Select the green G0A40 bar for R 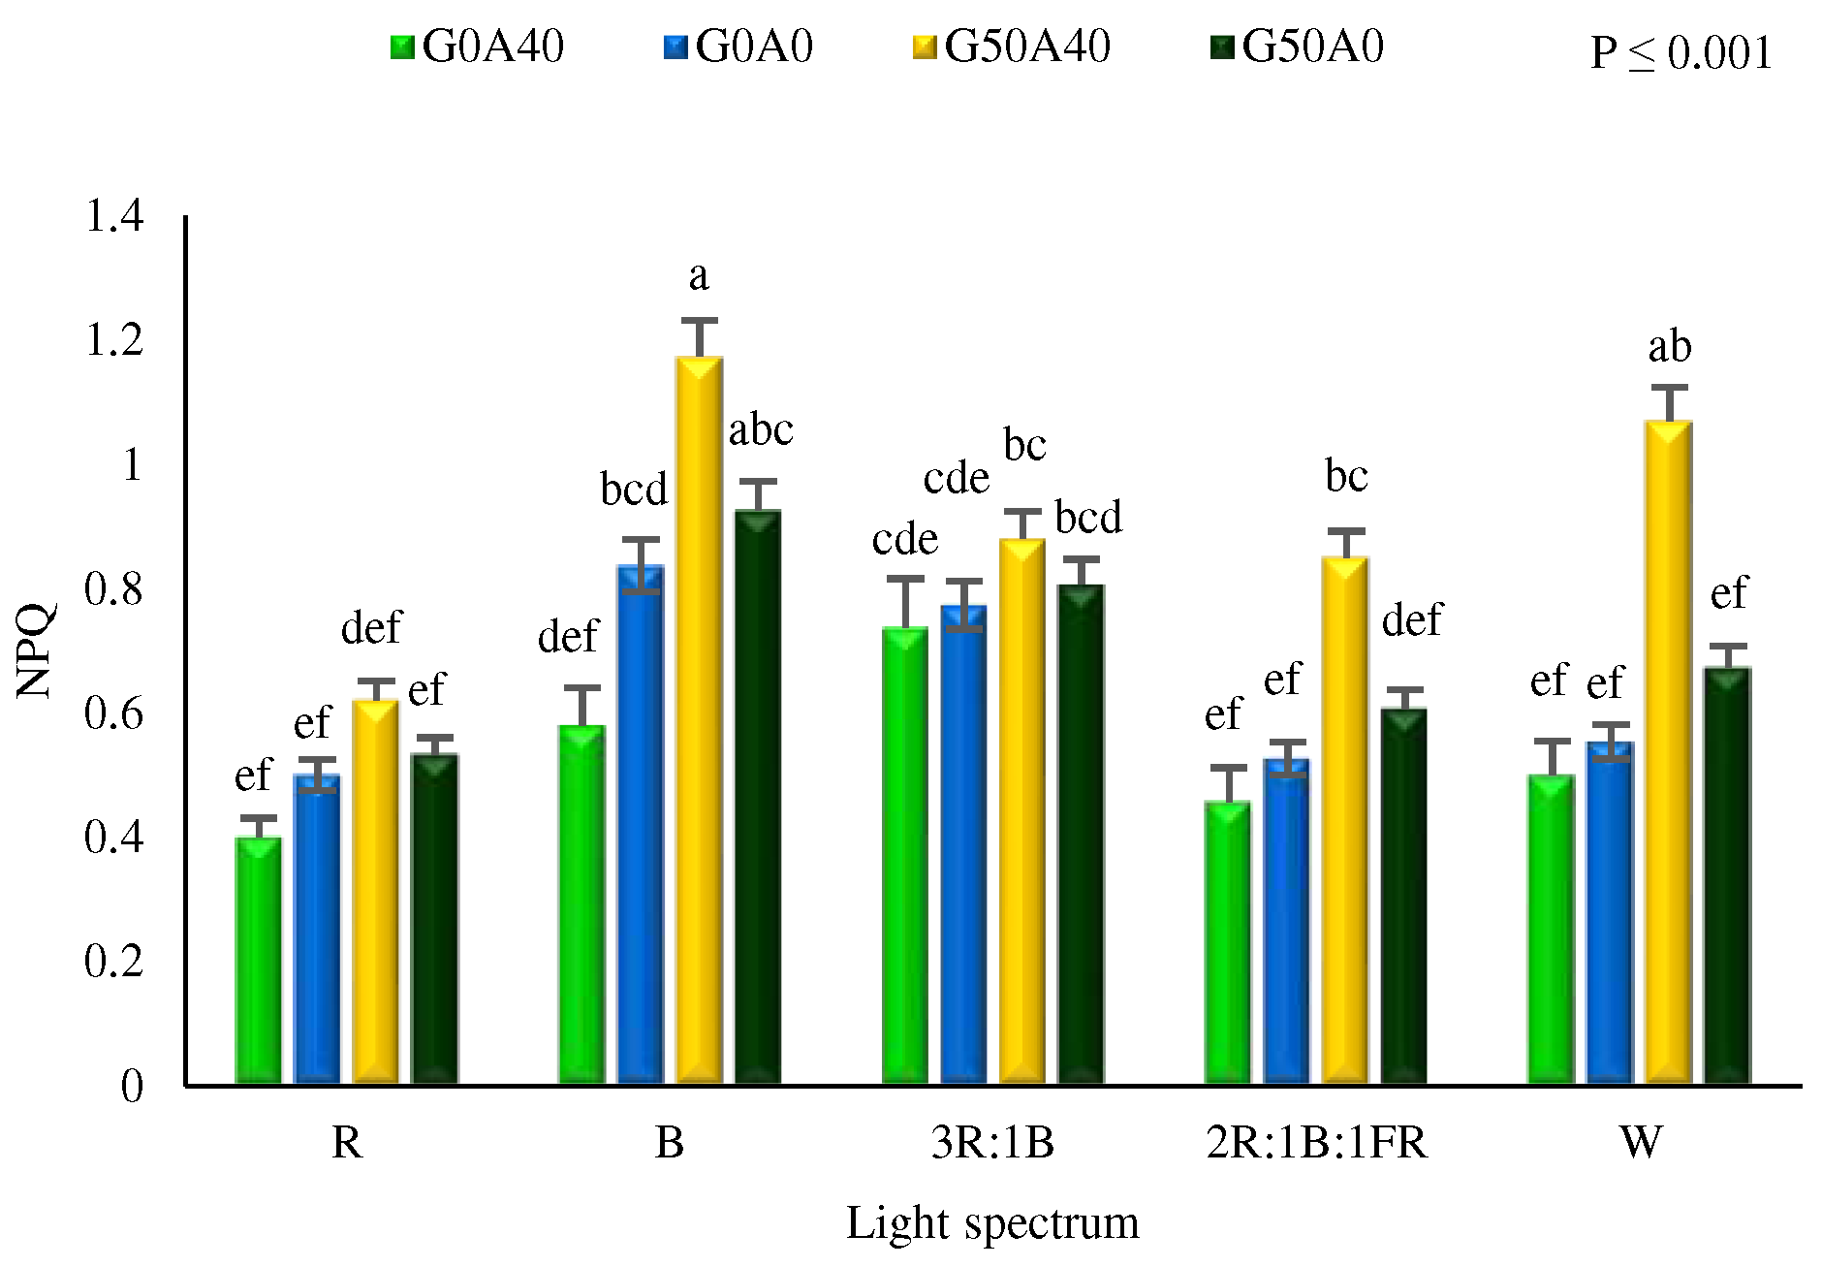pyautogui.click(x=259, y=960)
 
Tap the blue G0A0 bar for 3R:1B pyautogui.click(x=963, y=843)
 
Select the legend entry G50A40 pyautogui.click(x=1013, y=47)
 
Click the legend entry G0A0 pyautogui.click(x=738, y=47)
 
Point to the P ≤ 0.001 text pyautogui.click(x=1681, y=52)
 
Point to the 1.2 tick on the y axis pyautogui.click(x=114, y=340)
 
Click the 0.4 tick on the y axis pyautogui.click(x=114, y=837)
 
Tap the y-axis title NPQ pyautogui.click(x=35, y=650)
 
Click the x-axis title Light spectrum pyautogui.click(x=991, y=1222)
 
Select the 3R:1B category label pyautogui.click(x=991, y=1143)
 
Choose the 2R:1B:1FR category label pyautogui.click(x=1316, y=1143)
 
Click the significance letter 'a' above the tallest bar pyautogui.click(x=699, y=277)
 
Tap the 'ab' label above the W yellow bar pyautogui.click(x=1669, y=347)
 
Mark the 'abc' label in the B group pyautogui.click(x=761, y=429)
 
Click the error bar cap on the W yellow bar pyautogui.click(x=1669, y=388)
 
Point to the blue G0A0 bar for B pyautogui.click(x=641, y=824)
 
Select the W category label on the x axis pyautogui.click(x=1640, y=1143)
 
